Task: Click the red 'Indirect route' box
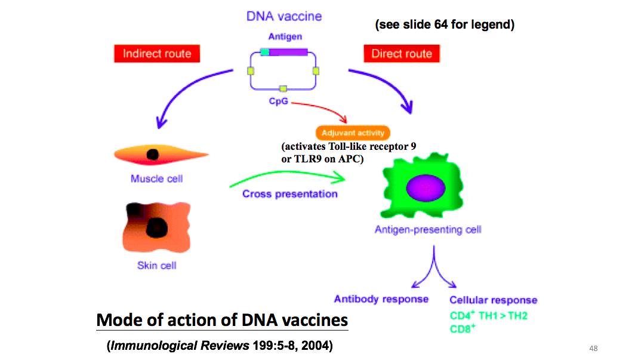click(x=157, y=54)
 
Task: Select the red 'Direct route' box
click(x=402, y=54)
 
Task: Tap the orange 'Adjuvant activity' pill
click(x=353, y=133)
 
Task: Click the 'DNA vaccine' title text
click(x=284, y=16)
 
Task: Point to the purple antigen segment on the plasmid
click(x=289, y=52)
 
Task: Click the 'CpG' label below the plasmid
click(x=278, y=101)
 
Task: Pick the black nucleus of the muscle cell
click(x=153, y=155)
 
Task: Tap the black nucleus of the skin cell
click(x=156, y=227)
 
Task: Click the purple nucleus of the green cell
click(x=426, y=187)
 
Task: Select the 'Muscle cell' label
click(x=156, y=179)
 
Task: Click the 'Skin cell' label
click(x=157, y=265)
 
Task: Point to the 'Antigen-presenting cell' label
click(x=428, y=229)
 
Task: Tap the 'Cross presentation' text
click(x=290, y=194)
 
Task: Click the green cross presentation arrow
click(x=286, y=177)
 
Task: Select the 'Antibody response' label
click(x=381, y=299)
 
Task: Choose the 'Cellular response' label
click(x=493, y=300)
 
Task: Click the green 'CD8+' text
click(x=463, y=328)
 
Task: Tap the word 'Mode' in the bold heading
click(x=118, y=320)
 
